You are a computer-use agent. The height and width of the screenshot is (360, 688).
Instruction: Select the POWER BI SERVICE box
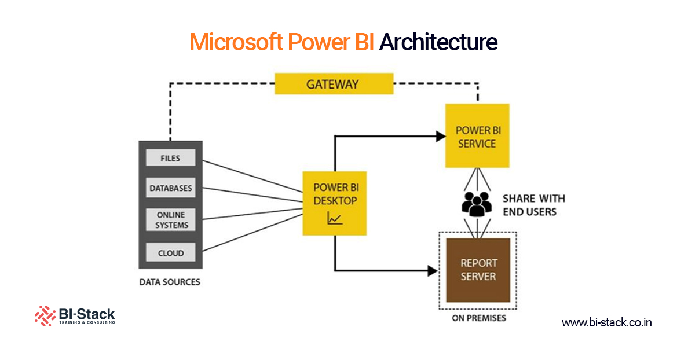click(477, 137)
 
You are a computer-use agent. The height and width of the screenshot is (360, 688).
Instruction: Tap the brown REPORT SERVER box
click(478, 270)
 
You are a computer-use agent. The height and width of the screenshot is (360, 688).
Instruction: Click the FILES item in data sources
click(171, 158)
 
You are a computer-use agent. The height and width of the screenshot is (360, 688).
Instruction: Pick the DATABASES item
click(171, 188)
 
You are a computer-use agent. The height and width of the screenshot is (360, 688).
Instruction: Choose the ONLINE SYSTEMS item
click(171, 220)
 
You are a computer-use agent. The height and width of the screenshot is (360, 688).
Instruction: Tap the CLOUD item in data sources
click(171, 253)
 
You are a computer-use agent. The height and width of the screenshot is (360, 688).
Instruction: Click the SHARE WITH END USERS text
click(533, 205)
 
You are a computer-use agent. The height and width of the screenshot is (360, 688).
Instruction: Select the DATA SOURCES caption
click(170, 282)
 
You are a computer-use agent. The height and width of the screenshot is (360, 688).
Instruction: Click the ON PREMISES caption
click(478, 318)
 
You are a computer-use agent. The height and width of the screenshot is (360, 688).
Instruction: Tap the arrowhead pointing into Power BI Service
click(438, 137)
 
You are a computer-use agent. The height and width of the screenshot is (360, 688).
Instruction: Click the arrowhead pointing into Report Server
click(432, 270)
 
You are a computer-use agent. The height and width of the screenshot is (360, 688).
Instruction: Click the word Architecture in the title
click(438, 42)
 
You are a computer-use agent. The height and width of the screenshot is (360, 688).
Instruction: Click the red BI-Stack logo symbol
click(45, 315)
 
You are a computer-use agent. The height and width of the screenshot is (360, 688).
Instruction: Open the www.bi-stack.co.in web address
click(606, 322)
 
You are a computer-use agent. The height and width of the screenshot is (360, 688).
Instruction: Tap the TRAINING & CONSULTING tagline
click(87, 322)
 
